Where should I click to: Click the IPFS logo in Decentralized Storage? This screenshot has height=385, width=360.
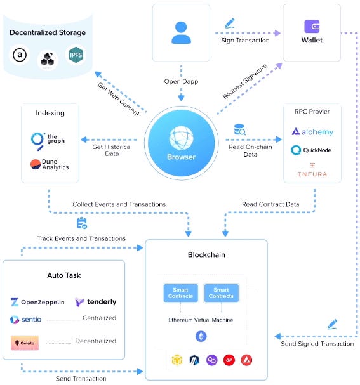[76, 57]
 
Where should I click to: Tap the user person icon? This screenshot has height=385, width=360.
[181, 32]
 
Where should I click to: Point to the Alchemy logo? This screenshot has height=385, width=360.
[312, 132]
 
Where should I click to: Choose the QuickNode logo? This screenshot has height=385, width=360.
[312, 150]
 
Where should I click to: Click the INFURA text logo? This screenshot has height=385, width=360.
[312, 170]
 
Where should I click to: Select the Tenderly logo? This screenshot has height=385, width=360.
[95, 302]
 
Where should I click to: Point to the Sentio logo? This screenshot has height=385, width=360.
[27, 319]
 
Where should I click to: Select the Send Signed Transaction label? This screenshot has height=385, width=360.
[317, 343]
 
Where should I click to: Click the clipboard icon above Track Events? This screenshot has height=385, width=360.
[81, 223]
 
